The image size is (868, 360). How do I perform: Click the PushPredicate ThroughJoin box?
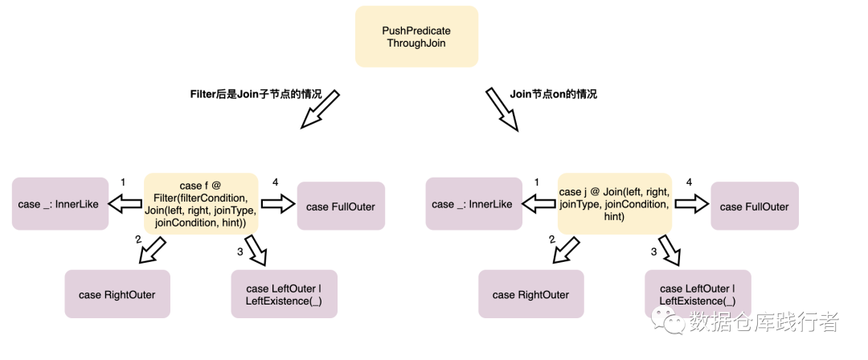pyautogui.click(x=416, y=36)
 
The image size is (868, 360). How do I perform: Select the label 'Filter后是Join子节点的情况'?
pyautogui.click(x=256, y=94)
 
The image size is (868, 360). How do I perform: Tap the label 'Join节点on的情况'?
pyautogui.click(x=554, y=94)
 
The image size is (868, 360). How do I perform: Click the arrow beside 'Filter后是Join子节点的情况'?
pyautogui.click(x=320, y=109)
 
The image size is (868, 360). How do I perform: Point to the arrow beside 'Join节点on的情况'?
pyautogui.click(x=502, y=109)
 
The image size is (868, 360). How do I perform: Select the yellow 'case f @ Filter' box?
pyautogui.click(x=201, y=203)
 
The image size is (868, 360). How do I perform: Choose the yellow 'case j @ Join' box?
pyautogui.click(x=615, y=203)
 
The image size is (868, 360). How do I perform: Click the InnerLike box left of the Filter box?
pyautogui.click(x=60, y=204)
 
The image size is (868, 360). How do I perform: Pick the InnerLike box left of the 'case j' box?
pyautogui.click(x=474, y=204)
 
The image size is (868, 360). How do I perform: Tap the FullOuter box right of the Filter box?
pyautogui.click(x=341, y=206)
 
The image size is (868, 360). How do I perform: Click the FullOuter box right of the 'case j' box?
pyautogui.click(x=755, y=206)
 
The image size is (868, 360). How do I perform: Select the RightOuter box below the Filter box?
pyautogui.click(x=117, y=294)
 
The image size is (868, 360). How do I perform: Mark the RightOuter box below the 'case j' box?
pyautogui.click(x=531, y=294)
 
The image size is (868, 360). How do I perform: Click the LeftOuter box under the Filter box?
pyautogui.click(x=284, y=294)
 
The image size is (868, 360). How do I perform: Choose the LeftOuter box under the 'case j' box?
pyautogui.click(x=698, y=294)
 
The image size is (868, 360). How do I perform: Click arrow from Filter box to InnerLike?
pyautogui.click(x=125, y=204)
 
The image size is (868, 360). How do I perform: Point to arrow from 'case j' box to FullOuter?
pyautogui.click(x=692, y=203)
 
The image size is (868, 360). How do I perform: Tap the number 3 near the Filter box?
pyautogui.click(x=240, y=252)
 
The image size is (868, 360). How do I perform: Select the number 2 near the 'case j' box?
pyautogui.click(x=552, y=239)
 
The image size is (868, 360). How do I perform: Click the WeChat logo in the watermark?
pyautogui.click(x=667, y=321)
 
